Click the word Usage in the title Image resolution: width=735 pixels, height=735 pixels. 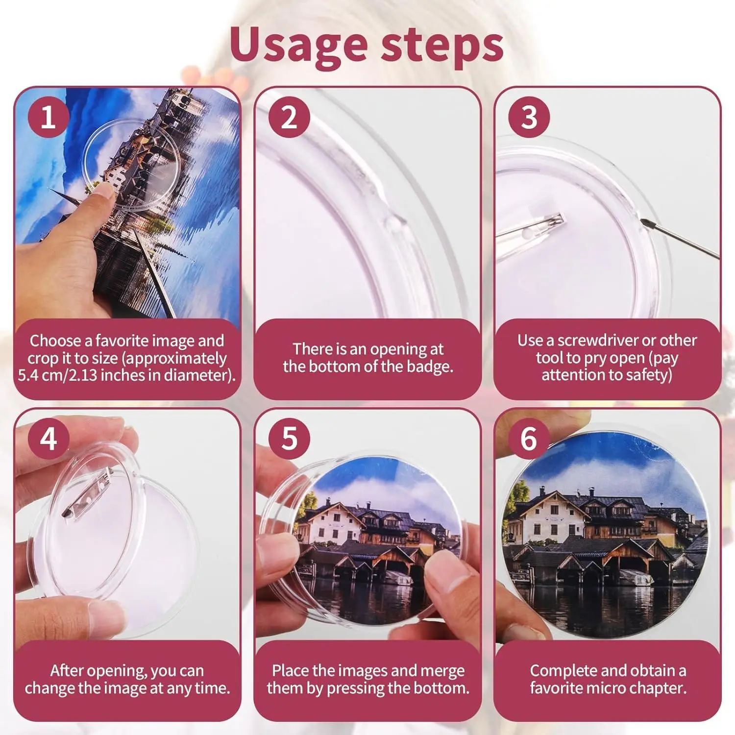click(x=298, y=45)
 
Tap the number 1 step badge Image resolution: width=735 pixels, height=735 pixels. click(x=48, y=117)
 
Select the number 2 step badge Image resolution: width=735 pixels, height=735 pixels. click(x=289, y=117)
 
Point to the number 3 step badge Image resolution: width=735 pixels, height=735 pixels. click(x=529, y=117)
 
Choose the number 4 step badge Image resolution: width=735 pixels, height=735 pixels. click(x=48, y=439)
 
